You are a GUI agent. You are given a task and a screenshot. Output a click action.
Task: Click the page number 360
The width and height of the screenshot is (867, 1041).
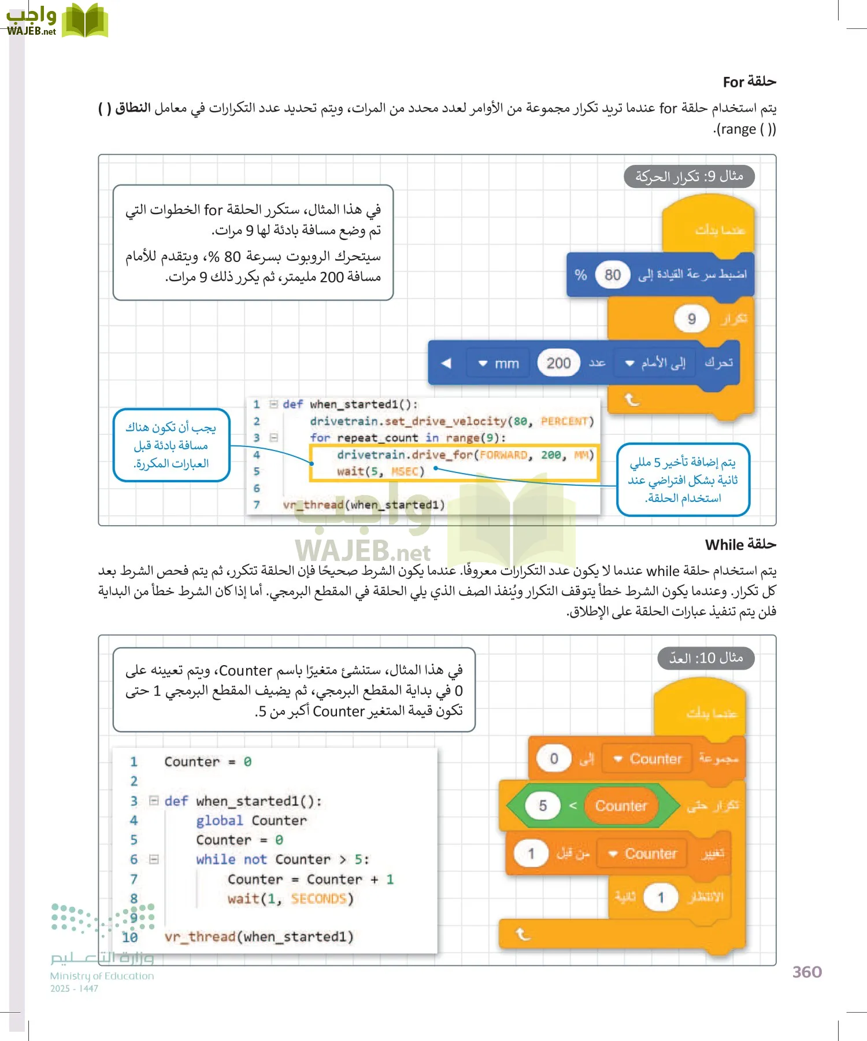pos(807,972)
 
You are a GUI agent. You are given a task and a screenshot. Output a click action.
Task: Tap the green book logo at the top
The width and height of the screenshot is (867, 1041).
pos(85,21)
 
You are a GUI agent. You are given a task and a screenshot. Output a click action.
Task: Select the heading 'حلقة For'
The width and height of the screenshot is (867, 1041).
pos(749,82)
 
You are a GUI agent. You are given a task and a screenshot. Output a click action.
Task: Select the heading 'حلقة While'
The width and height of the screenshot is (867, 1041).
pos(740,545)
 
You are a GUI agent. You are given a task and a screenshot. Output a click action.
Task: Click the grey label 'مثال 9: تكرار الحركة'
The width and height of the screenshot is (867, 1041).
pos(689,176)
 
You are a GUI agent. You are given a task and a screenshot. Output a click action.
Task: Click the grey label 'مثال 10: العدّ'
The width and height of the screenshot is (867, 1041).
pos(706,658)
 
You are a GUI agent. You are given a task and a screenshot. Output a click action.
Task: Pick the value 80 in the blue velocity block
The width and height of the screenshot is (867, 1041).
pos(612,275)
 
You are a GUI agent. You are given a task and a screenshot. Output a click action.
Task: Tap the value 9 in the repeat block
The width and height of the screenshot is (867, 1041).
pos(691,319)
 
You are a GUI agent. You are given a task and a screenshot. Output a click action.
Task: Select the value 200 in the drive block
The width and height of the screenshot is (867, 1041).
pos(558,363)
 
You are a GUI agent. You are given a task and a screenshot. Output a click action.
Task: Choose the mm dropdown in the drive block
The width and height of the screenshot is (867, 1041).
pos(499,364)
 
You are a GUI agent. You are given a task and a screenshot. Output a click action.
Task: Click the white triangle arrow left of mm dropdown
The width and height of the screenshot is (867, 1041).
pos(446,364)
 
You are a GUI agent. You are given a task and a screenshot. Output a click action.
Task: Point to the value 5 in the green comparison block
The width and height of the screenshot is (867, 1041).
pos(543,806)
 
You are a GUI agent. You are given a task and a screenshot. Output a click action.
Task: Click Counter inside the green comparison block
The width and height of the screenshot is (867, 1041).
pos(621,806)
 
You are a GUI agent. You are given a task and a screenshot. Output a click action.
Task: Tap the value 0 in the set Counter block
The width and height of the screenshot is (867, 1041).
pos(554,759)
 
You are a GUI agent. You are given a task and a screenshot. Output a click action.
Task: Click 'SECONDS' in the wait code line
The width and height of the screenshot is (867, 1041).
pos(318,899)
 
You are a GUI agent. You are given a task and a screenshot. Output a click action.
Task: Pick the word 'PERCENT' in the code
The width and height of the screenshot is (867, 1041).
pos(564,421)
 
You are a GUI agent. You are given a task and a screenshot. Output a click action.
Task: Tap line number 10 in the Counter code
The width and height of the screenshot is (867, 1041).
pos(130,937)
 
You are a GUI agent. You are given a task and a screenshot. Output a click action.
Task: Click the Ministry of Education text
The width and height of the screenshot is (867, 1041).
pos(102,976)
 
